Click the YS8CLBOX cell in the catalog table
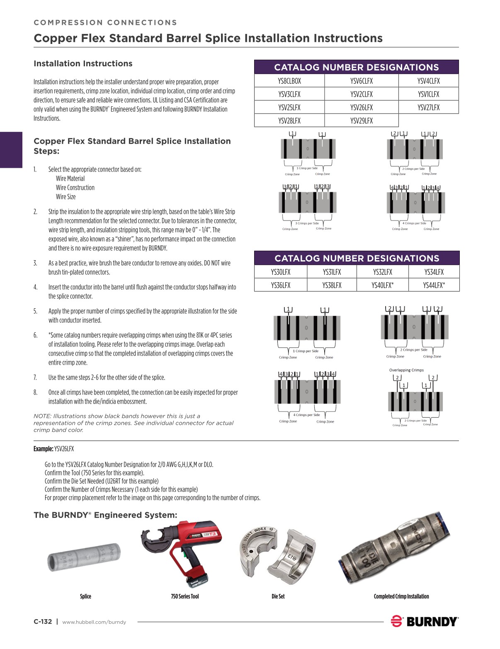289,81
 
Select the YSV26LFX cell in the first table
361,107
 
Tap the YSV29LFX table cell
361,121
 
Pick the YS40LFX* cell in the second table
382,285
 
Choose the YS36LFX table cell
280,285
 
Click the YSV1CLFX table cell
428,94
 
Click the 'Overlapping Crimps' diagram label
406,370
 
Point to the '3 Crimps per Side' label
307,223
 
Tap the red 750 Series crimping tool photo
182,553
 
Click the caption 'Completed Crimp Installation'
401,596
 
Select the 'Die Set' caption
278,596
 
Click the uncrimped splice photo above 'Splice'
84,558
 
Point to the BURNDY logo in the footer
424,621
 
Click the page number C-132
43,621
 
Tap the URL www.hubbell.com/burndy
94,622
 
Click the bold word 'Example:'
43,449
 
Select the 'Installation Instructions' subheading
83,63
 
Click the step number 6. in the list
35,335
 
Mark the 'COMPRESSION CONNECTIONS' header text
105,22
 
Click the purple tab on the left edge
11,150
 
